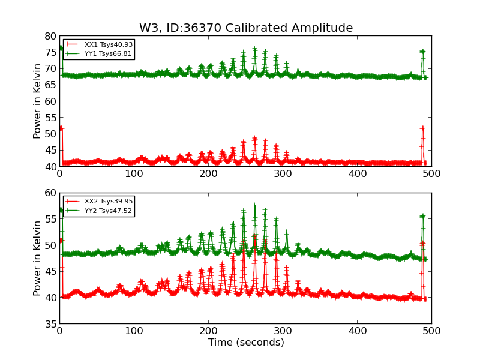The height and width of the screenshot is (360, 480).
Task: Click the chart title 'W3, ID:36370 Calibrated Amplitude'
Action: tap(246, 28)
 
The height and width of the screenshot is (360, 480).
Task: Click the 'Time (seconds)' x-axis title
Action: tap(246, 343)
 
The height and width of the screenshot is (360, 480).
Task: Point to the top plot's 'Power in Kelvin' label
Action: tap(37, 101)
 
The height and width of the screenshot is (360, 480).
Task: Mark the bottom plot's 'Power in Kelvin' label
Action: tap(37, 258)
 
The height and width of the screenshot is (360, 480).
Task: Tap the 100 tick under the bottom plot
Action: tap(134, 331)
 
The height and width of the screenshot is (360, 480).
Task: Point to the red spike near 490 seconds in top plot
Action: tap(422, 128)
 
